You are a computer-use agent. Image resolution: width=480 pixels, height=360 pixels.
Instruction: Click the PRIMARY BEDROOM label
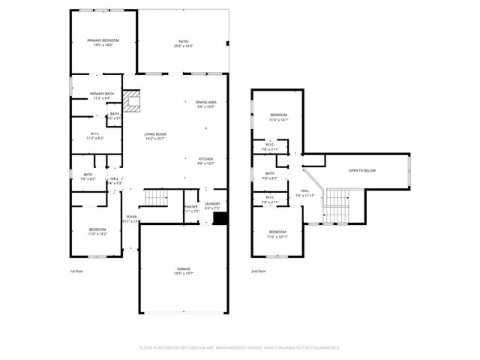click(x=103, y=40)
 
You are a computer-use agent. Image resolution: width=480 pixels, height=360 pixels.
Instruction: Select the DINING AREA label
click(x=205, y=102)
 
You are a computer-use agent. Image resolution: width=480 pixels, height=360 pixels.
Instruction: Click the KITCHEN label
click(x=205, y=159)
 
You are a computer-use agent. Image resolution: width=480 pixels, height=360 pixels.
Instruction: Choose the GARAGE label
click(x=184, y=268)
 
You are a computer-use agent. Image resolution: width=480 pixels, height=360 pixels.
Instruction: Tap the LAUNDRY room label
click(x=212, y=204)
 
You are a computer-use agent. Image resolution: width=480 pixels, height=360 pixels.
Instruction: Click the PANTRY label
click(x=190, y=206)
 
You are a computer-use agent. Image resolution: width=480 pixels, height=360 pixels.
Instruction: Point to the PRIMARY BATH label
click(x=103, y=94)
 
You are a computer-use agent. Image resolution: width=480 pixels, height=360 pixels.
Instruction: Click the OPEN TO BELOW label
click(x=362, y=170)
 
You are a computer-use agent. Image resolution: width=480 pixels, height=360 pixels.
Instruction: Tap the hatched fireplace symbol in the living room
click(x=133, y=102)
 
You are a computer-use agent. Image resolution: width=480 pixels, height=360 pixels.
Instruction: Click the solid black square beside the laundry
click(x=220, y=218)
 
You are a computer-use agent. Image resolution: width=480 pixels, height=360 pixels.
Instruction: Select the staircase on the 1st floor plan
click(x=156, y=198)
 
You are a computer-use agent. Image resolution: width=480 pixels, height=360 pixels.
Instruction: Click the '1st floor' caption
click(x=77, y=271)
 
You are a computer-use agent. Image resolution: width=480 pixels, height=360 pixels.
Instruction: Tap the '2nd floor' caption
click(x=258, y=271)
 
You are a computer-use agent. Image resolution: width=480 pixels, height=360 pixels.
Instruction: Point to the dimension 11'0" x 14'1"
click(x=278, y=119)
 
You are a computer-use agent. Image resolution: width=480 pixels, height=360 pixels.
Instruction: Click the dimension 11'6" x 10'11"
click(x=277, y=236)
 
